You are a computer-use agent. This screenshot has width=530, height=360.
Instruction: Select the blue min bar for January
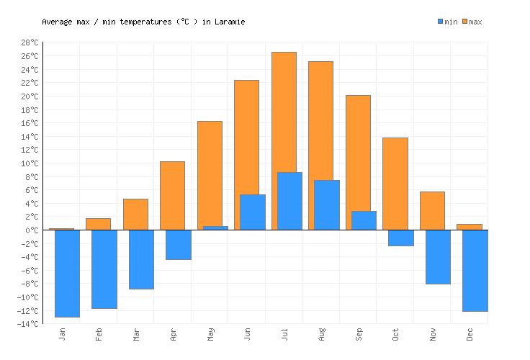(x=67, y=273)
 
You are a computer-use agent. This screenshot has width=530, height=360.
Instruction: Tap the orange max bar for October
(x=395, y=184)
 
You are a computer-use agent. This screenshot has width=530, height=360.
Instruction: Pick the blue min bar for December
(x=475, y=270)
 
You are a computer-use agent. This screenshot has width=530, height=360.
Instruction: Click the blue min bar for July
(x=289, y=201)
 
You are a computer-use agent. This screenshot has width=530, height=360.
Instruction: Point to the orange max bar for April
(x=172, y=195)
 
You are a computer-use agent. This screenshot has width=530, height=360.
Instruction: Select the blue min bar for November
(x=438, y=256)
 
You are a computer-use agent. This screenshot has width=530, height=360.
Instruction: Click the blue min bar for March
(x=141, y=259)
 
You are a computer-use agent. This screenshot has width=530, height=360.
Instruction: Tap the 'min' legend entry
(x=447, y=22)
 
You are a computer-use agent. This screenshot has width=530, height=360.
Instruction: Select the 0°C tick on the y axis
(x=31, y=230)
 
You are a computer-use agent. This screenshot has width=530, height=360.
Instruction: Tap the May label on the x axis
(x=210, y=335)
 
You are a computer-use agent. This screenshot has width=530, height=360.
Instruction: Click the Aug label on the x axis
(x=321, y=335)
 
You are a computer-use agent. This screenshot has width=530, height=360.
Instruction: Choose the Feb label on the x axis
(x=99, y=335)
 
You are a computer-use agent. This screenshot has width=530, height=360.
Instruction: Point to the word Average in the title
(x=57, y=22)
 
